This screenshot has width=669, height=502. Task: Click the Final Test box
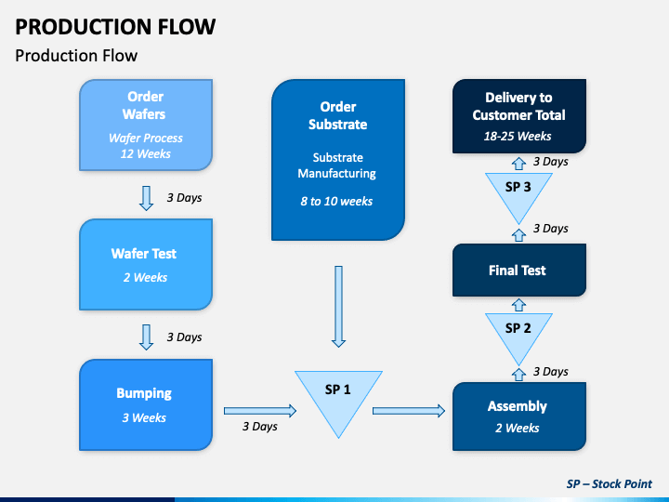(519, 270)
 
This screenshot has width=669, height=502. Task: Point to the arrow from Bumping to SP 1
(260, 411)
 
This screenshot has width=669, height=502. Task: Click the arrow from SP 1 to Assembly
(409, 411)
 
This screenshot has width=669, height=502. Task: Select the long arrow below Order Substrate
(338, 307)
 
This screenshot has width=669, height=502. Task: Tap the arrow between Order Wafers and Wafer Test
(147, 198)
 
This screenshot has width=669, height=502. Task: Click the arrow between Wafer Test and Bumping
(147, 337)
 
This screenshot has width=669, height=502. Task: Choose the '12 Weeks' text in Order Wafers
(146, 153)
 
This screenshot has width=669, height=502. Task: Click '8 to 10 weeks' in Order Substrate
(336, 201)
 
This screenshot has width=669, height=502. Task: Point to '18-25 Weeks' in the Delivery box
(518, 136)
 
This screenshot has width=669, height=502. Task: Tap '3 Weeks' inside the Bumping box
(144, 417)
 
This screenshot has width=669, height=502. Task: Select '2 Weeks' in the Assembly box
(518, 428)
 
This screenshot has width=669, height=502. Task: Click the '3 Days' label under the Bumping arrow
(260, 427)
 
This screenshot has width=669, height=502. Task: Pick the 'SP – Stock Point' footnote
(610, 483)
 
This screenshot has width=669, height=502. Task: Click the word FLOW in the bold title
(187, 26)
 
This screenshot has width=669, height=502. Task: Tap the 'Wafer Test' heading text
(144, 254)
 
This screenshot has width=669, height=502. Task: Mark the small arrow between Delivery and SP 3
(518, 164)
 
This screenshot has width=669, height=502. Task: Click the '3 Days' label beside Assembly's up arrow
(551, 371)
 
